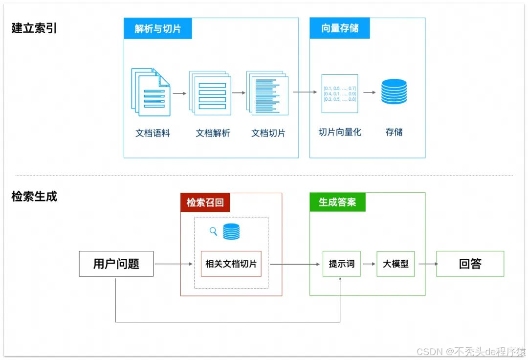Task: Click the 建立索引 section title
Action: point(34,28)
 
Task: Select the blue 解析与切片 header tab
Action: point(157,29)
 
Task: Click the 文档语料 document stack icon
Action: point(151,92)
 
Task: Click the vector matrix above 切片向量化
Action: point(340,93)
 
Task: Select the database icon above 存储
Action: point(394,91)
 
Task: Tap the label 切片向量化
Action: point(340,132)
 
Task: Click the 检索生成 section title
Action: point(34,197)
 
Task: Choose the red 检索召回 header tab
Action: point(205,202)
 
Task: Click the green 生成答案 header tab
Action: point(337,202)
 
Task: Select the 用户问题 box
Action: point(116,264)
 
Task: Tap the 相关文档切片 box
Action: point(231,264)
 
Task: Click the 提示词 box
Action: point(341,264)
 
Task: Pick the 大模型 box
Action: point(396,264)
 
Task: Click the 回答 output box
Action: point(470,264)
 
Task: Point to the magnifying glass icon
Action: point(213,231)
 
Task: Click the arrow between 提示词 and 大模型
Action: point(368,264)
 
